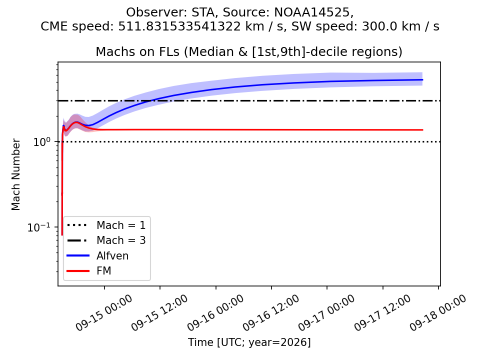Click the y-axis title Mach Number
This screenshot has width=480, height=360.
point(15,174)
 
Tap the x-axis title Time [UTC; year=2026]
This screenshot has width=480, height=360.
point(249,342)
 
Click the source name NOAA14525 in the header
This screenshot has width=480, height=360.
point(312,12)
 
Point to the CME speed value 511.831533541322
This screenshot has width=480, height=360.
point(179,26)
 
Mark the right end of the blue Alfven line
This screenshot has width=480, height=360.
point(422,79)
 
